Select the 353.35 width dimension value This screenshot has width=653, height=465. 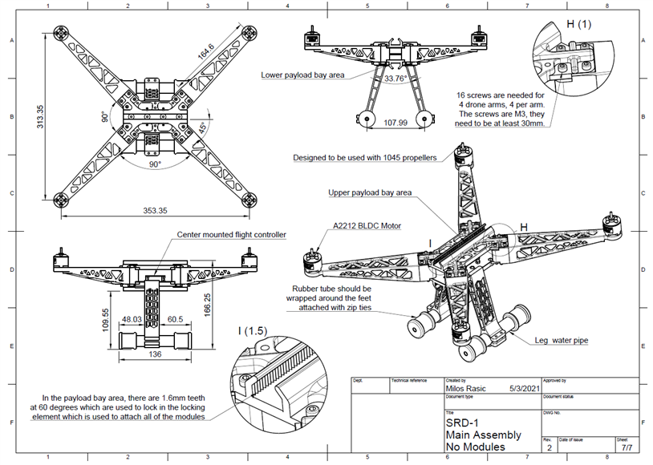coord(155,211)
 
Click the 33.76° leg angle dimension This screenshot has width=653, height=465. coord(395,79)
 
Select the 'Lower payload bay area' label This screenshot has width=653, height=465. coord(301,75)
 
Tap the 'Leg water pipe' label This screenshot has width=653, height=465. coord(561,340)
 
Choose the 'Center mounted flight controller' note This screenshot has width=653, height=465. coord(231,234)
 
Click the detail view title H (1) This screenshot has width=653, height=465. coord(579,24)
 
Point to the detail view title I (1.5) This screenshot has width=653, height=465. coord(253,330)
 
